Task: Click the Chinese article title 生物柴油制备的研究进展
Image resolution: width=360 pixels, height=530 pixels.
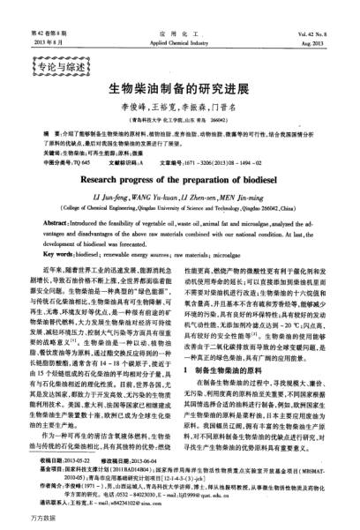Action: click(x=180, y=90)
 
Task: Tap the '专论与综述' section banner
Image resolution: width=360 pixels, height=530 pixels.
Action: click(x=65, y=63)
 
